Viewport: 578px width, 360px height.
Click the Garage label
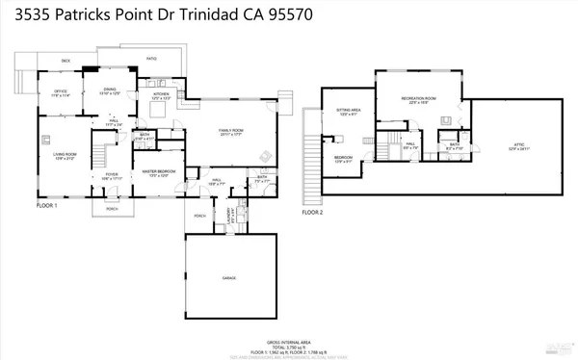229,277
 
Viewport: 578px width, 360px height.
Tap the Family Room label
229,133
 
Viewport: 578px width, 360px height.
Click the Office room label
61,92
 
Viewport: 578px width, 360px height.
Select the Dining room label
110,92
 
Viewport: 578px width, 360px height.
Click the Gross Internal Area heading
290,341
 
